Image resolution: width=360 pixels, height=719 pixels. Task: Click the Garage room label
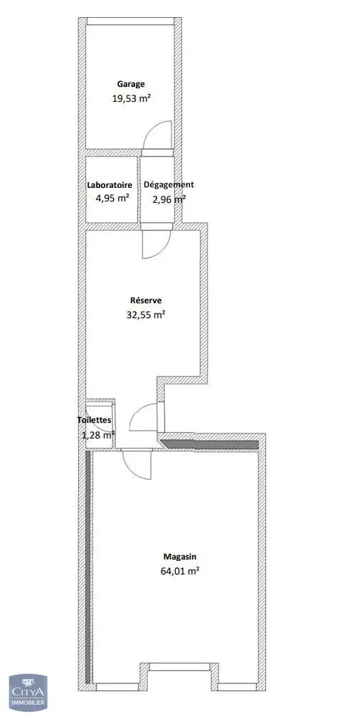(131, 85)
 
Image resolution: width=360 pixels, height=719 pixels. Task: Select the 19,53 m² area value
(132, 98)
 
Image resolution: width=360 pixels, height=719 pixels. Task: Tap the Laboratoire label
(110, 185)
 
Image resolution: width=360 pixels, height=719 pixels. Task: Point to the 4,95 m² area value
(110, 199)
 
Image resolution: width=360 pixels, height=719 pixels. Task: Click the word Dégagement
(169, 185)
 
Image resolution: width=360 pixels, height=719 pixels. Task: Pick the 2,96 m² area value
(169, 199)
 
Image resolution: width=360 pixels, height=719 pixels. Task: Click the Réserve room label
(146, 301)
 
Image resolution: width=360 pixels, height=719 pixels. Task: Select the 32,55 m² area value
(146, 315)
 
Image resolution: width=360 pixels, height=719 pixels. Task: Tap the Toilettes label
(93, 419)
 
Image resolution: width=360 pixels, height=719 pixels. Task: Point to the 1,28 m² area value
(97, 435)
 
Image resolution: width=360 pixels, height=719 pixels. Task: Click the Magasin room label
(180, 557)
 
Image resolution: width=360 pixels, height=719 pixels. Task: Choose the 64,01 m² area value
(180, 571)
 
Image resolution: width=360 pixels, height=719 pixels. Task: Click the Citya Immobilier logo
(28, 692)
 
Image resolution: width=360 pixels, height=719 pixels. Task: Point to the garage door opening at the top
(130, 21)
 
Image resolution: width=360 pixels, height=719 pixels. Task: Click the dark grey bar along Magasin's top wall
(210, 444)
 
